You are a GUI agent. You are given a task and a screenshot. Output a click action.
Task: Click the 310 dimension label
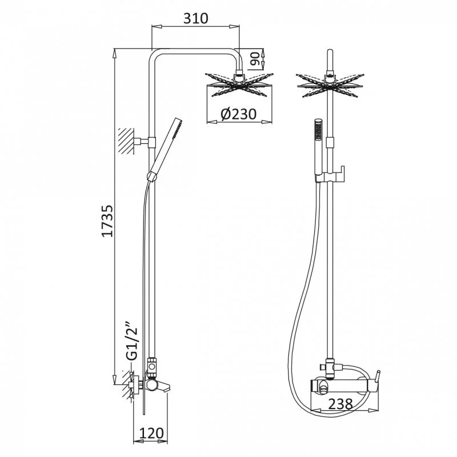pos(195,18)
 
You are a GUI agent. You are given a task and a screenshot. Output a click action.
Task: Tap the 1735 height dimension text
pos(107,221)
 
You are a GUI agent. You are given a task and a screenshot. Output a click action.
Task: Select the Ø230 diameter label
pos(238,114)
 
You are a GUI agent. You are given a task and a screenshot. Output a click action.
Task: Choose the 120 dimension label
pos(151,433)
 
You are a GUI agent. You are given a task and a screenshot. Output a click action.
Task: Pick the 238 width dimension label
pos(340,404)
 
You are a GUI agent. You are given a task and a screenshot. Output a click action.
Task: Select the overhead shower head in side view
pos(239,85)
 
